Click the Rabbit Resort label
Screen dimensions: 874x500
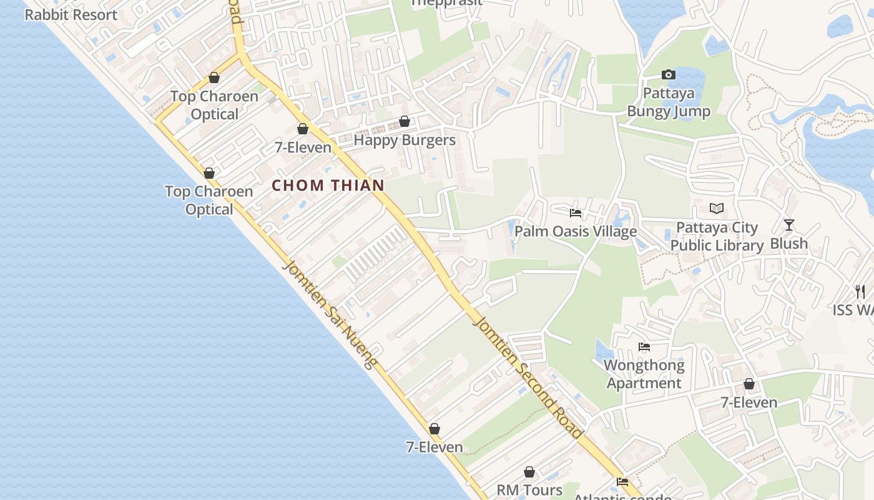(x=71, y=14)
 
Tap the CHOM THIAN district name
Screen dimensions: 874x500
(x=328, y=185)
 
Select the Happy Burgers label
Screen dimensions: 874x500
(x=405, y=140)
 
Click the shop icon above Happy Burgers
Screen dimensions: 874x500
(x=405, y=121)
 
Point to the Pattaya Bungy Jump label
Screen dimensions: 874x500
(x=669, y=102)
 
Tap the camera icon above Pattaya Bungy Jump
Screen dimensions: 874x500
(x=669, y=75)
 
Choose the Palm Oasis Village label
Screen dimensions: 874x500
(x=576, y=231)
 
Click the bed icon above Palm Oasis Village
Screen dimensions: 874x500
(x=576, y=213)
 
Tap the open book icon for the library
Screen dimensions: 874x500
(x=717, y=208)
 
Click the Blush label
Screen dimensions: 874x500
(x=789, y=243)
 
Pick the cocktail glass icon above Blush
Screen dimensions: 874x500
(x=789, y=225)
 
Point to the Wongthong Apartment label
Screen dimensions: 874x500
(x=644, y=374)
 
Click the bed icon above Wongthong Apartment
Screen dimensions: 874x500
(x=644, y=347)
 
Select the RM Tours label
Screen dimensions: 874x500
(x=529, y=489)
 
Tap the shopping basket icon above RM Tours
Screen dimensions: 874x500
(x=529, y=472)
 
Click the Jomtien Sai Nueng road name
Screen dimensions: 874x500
(x=330, y=314)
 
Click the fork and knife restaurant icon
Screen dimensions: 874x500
(x=860, y=291)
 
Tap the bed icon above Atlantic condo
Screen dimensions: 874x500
(x=622, y=482)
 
